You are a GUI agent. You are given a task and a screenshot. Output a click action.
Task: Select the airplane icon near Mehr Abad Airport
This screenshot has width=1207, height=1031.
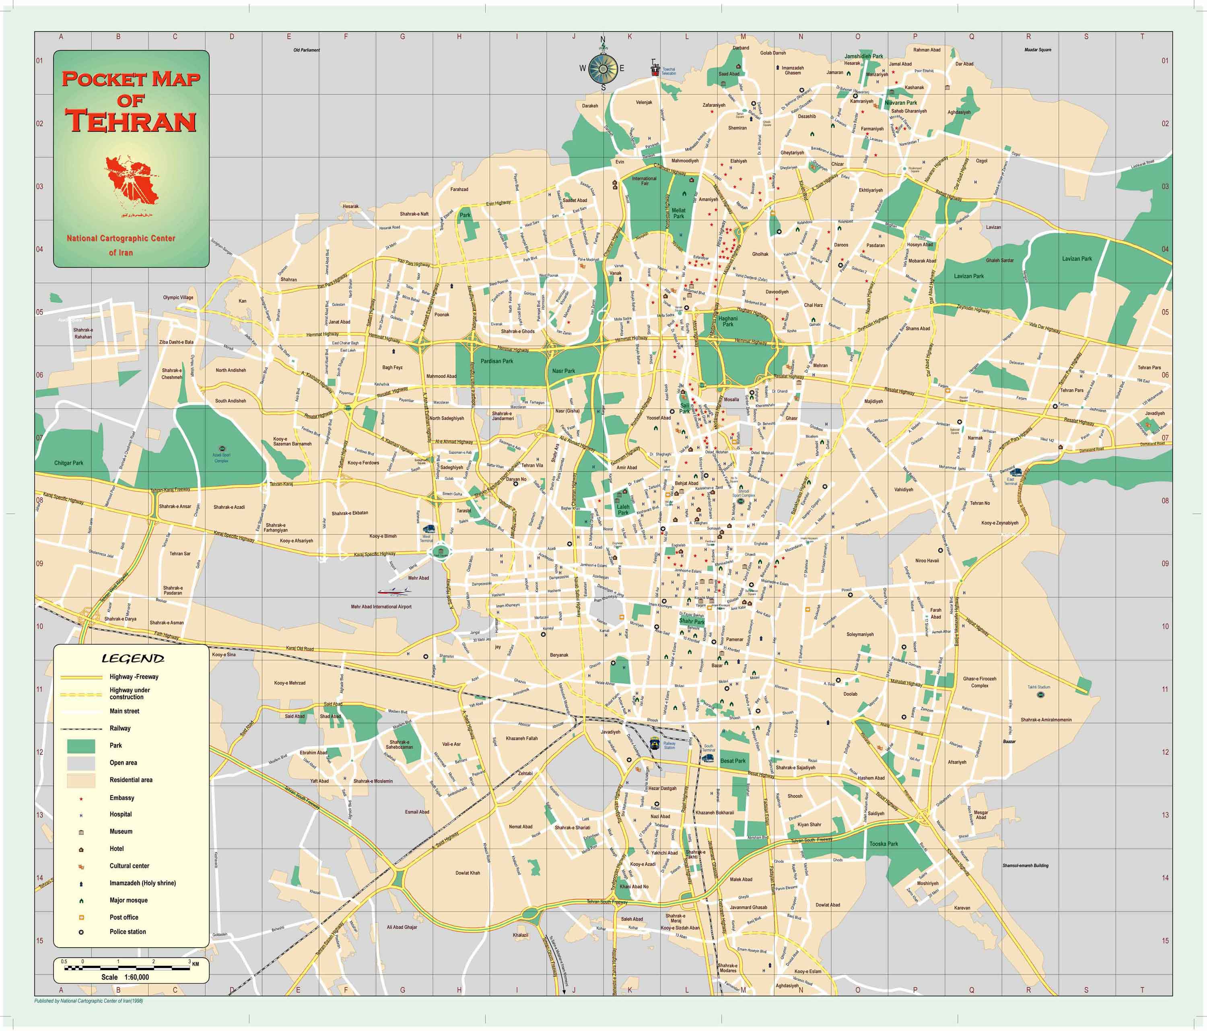coord(394,591)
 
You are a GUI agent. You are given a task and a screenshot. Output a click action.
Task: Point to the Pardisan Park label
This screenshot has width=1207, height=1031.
coord(496,361)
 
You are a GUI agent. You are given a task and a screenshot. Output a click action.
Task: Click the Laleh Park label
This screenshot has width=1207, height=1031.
coord(623,509)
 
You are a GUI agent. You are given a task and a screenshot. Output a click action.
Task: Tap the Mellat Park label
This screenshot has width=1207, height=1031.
coord(679,213)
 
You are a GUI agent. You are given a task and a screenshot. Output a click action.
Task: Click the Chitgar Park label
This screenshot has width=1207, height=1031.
coord(69,463)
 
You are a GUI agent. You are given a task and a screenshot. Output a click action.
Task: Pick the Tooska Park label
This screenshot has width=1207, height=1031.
coord(884,843)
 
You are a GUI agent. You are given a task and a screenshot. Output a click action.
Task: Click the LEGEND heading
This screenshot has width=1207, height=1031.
coord(133,659)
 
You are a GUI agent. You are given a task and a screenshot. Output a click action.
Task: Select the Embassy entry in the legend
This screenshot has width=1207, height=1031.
coord(122,797)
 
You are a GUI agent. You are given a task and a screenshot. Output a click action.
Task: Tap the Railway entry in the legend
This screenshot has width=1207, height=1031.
coord(120,728)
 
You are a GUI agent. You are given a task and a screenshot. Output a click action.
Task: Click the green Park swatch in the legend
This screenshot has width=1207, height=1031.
coord(81,746)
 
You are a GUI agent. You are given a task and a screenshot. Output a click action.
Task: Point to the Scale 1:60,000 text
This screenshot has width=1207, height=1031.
coord(125,977)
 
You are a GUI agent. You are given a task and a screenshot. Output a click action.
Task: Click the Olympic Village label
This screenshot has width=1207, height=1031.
coord(178,297)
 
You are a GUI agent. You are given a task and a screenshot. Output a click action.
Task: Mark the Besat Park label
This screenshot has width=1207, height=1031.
coord(733,760)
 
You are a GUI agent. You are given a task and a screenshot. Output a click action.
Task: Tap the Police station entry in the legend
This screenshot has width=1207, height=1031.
coord(128,931)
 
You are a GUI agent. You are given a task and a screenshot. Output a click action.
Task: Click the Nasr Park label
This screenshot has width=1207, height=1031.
coord(563,371)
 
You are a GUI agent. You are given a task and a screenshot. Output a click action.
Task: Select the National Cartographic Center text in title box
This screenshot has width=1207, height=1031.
coord(121,238)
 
